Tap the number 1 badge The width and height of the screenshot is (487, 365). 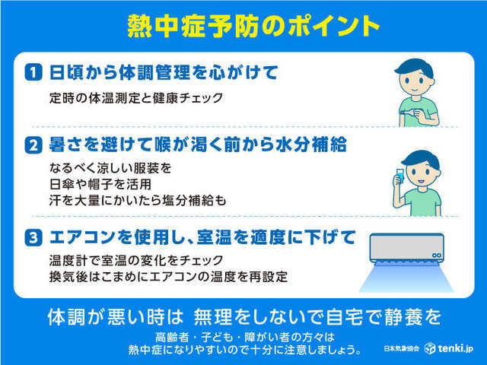[33, 73]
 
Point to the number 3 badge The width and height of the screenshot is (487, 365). [33, 238]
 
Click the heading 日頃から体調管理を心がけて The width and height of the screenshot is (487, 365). [163, 73]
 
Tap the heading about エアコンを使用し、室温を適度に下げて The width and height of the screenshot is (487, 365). [202, 238]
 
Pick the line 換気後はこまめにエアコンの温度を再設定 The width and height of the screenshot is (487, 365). [167, 277]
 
